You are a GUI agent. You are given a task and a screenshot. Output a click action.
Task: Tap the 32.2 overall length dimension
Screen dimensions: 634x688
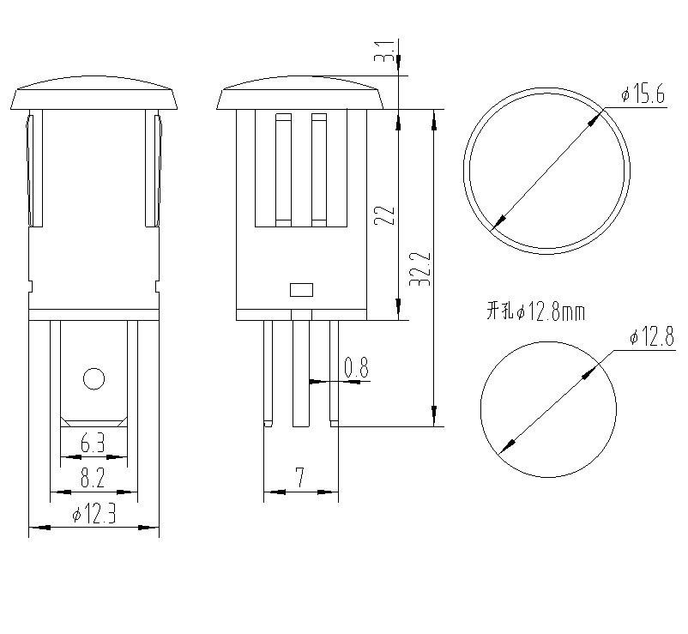tap(420, 269)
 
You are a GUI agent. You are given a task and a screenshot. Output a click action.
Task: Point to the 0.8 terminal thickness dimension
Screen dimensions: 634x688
tap(355, 369)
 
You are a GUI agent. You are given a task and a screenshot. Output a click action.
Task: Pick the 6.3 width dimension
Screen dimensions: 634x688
tap(93, 445)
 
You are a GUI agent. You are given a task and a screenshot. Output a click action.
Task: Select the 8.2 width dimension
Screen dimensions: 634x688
tap(93, 479)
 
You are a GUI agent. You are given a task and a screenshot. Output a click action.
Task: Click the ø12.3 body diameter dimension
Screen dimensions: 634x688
tap(94, 516)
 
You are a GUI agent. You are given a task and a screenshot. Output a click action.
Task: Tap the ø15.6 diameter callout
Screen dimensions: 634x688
tap(643, 95)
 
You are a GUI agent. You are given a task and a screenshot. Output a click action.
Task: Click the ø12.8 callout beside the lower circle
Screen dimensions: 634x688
tap(649, 338)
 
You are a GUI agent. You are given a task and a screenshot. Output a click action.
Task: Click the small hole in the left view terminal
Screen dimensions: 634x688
tap(93, 377)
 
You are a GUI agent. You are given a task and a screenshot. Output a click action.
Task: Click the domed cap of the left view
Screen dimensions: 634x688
tap(94, 94)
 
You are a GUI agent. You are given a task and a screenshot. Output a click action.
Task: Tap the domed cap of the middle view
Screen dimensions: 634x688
tap(300, 94)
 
